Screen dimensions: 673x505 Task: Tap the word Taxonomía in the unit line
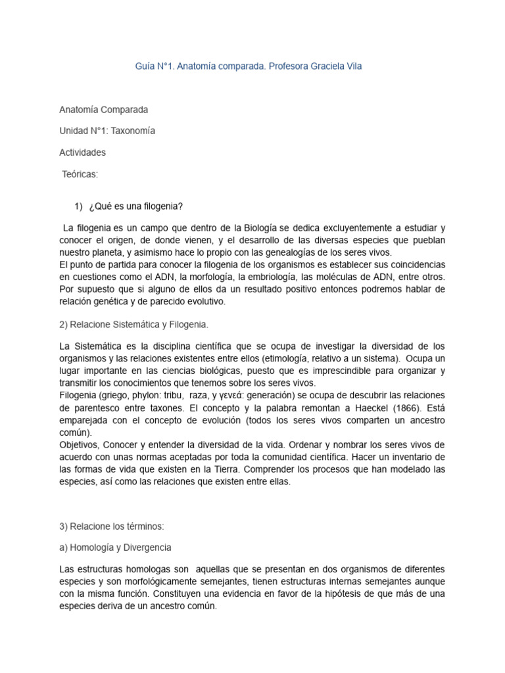133,131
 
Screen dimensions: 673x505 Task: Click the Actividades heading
82,152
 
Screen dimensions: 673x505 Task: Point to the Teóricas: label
80,174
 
